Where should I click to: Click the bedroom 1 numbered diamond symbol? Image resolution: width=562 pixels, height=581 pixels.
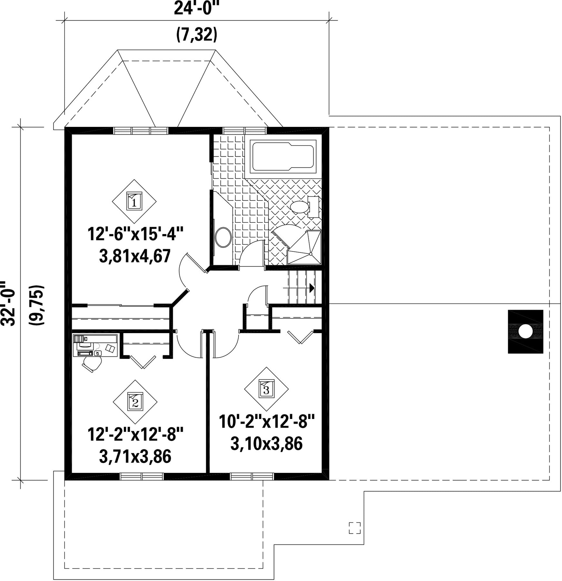pos(134,201)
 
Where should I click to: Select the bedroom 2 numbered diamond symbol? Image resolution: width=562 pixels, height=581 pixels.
pos(135,402)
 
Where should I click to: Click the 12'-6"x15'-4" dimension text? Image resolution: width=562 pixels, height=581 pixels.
pos(135,234)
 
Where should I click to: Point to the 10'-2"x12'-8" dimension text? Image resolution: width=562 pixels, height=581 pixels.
pos(267,422)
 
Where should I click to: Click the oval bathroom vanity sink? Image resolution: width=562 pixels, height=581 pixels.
pos(223,238)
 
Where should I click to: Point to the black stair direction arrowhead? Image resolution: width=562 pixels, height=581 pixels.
pos(312,288)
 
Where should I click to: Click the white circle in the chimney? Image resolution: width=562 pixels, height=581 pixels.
pos(526,331)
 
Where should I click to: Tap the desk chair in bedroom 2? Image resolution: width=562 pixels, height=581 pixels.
pos(93,364)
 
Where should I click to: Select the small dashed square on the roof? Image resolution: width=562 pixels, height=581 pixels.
pos(355,528)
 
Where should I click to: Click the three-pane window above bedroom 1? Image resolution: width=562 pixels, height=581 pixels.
pos(141,130)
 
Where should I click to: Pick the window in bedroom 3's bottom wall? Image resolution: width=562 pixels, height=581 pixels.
pos(252,476)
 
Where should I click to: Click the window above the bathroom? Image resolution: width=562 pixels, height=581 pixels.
pos(245,130)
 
